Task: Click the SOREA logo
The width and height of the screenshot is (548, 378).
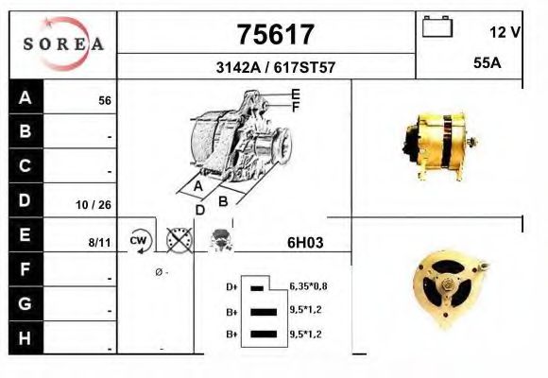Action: click(63, 44)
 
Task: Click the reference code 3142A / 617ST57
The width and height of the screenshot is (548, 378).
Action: click(274, 68)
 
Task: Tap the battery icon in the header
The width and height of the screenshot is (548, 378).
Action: click(437, 26)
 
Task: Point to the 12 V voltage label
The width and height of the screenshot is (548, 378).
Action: click(505, 31)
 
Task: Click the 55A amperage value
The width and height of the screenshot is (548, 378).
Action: click(487, 63)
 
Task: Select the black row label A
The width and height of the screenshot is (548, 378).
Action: click(26, 97)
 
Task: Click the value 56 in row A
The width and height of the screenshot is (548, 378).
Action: click(105, 100)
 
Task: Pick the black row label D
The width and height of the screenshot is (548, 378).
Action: click(26, 200)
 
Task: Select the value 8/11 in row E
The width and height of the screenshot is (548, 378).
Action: click(99, 242)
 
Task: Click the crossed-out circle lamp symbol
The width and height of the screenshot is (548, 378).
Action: click(179, 241)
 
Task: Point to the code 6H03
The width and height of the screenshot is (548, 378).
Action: click(305, 242)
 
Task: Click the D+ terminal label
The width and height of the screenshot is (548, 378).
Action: click(231, 286)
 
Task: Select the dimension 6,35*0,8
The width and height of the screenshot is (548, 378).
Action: click(309, 285)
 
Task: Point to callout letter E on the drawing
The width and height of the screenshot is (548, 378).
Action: click(296, 93)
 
